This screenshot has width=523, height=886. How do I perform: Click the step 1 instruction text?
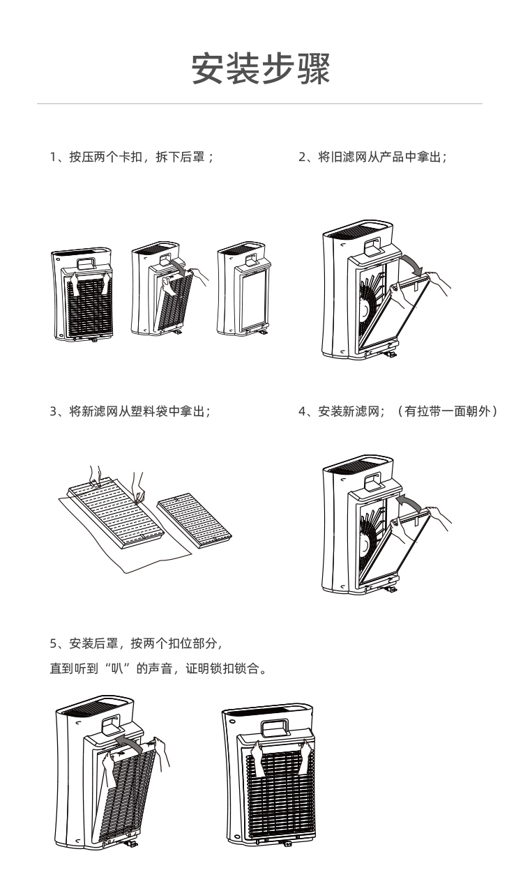point(131,158)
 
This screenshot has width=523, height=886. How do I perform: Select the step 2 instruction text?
point(372,158)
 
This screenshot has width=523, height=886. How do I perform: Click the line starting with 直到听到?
point(158,669)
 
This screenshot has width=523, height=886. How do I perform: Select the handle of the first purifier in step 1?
point(87,263)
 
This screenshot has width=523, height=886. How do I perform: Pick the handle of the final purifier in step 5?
point(275,728)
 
